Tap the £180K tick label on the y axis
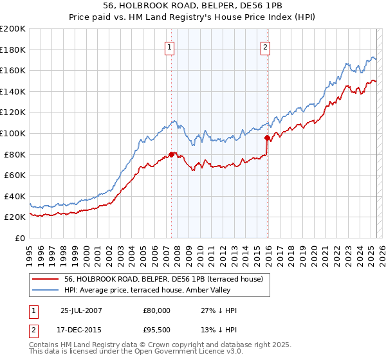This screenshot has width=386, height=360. point(13,50)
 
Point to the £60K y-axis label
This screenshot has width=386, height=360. point(14,175)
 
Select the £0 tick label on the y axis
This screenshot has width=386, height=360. point(19,238)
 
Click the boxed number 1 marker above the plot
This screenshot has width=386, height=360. point(170,46)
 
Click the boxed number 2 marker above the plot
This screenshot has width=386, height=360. point(265,46)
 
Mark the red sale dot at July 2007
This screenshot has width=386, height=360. point(171,154)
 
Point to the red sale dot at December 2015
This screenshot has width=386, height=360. point(267,138)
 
